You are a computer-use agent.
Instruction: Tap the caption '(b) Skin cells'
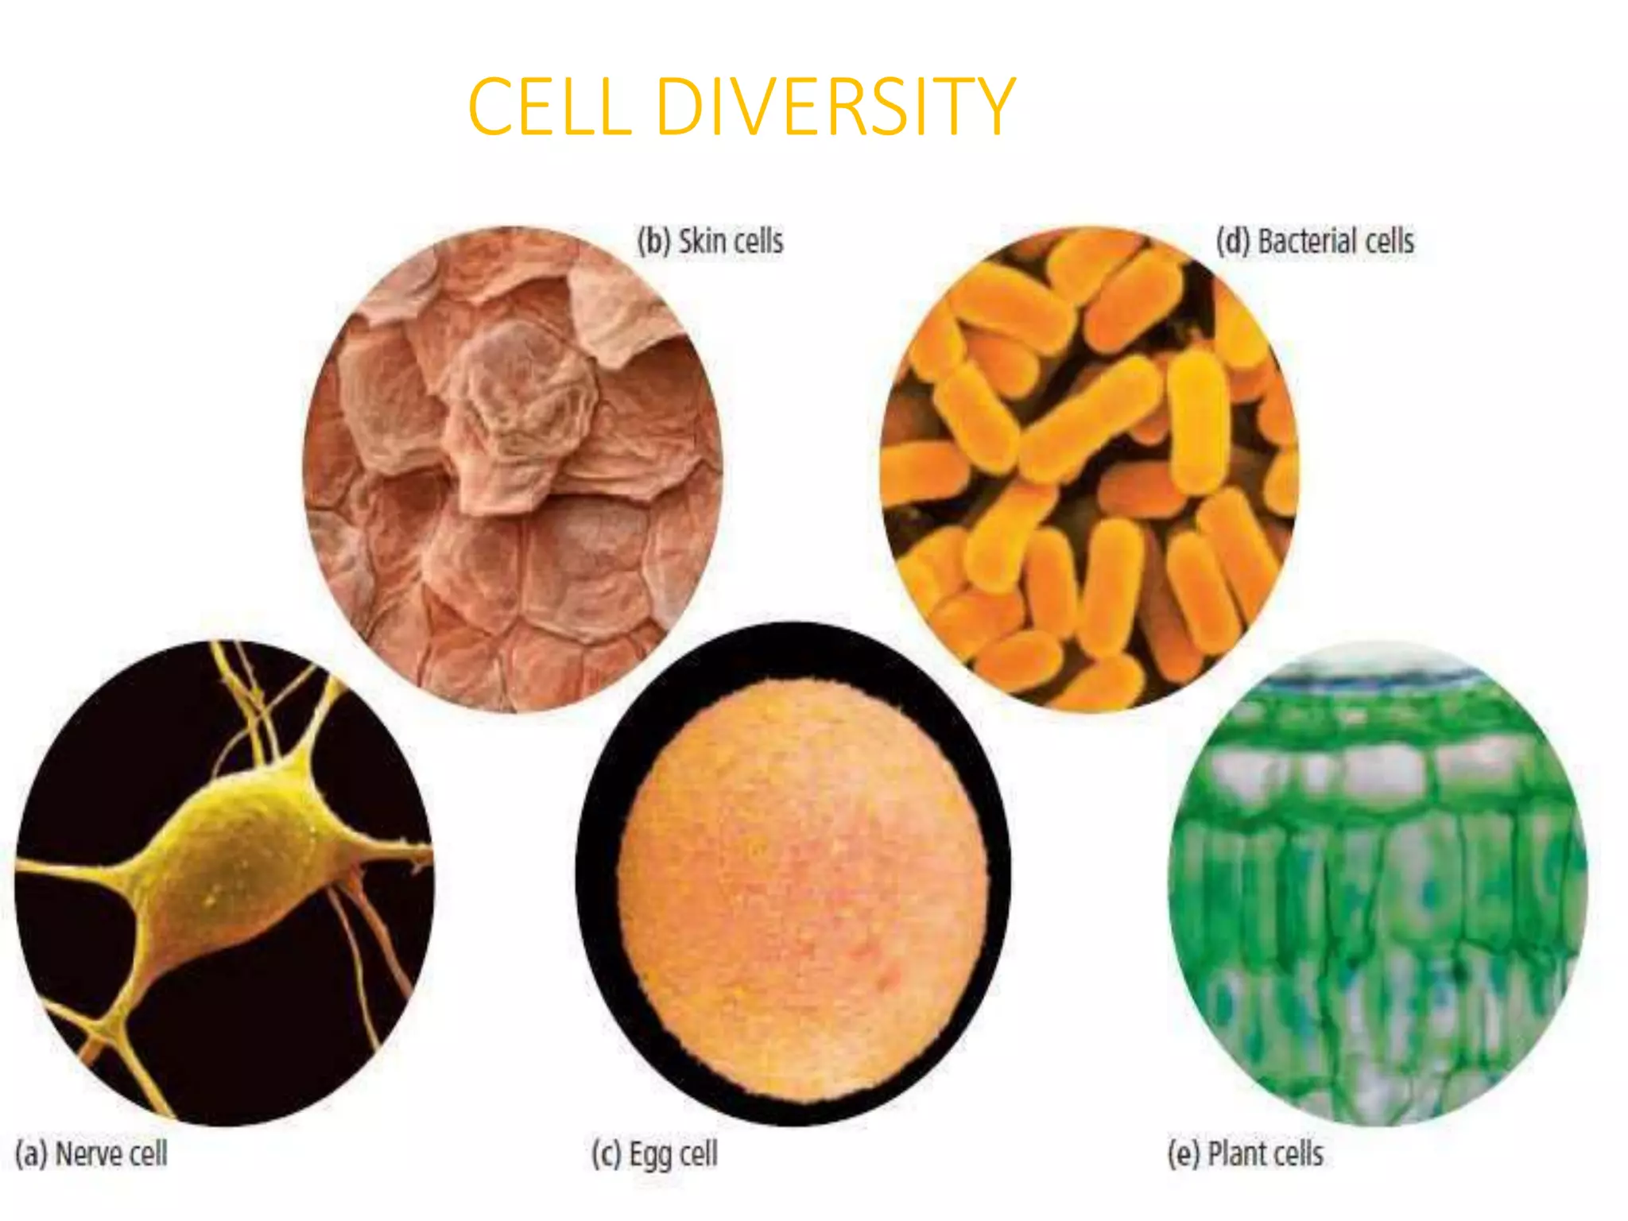pyautogui.click(x=710, y=242)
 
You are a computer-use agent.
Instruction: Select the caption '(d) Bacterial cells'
pyautogui.click(x=1315, y=242)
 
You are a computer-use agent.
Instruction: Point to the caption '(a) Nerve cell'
pyautogui.click(x=91, y=1154)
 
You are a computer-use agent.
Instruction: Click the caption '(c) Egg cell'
pyautogui.click(x=654, y=1154)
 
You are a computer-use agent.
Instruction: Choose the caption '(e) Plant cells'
pyautogui.click(x=1245, y=1154)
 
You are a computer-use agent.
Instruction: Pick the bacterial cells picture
pyautogui.click(x=1089, y=469)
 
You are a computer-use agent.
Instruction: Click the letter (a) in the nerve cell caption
pyautogui.click(x=31, y=1154)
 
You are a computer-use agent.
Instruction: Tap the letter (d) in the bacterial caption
pyautogui.click(x=1233, y=242)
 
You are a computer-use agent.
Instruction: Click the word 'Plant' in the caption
pyautogui.click(x=1237, y=1154)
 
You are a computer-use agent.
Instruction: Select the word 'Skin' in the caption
pyautogui.click(x=700, y=242)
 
